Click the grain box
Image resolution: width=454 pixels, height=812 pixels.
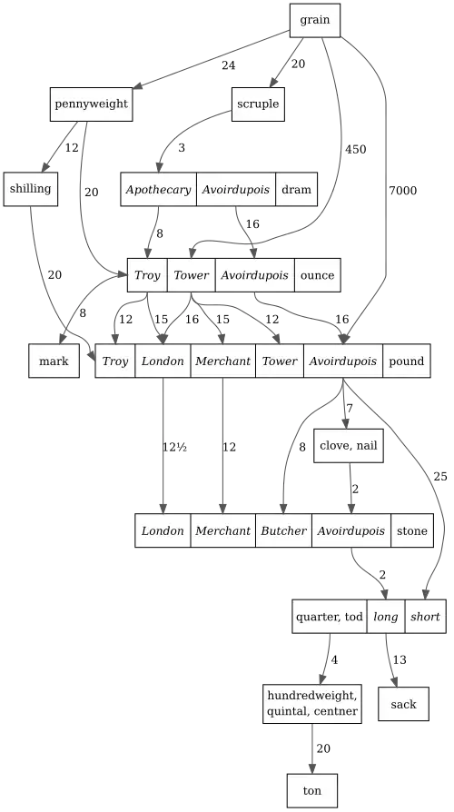click(x=315, y=20)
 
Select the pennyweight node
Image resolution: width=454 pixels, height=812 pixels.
click(x=91, y=104)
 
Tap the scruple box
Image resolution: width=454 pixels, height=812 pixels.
click(x=258, y=104)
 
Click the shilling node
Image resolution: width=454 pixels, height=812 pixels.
click(x=31, y=189)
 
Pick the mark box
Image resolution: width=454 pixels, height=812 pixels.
click(x=54, y=361)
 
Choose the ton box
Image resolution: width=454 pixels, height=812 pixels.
click(x=312, y=791)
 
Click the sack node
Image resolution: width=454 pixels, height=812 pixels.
click(x=403, y=704)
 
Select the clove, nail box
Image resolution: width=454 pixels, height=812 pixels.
click(x=349, y=445)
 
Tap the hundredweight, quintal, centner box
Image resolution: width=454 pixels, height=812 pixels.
click(x=312, y=704)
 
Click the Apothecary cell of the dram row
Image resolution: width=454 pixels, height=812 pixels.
click(x=158, y=189)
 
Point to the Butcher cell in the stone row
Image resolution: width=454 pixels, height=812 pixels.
click(x=283, y=530)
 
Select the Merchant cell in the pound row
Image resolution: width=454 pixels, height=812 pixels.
click(x=223, y=361)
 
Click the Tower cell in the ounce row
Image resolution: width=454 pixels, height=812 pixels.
click(x=191, y=275)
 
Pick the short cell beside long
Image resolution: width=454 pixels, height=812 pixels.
click(x=426, y=616)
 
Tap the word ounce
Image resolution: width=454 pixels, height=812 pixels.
click(x=317, y=275)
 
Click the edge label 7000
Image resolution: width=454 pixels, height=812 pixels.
click(x=403, y=191)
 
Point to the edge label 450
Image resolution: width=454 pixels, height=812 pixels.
click(x=356, y=149)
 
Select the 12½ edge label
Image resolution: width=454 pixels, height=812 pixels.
click(x=174, y=447)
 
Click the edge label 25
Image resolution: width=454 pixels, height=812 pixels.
click(x=440, y=477)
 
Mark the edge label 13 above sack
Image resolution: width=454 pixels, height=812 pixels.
click(x=400, y=659)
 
